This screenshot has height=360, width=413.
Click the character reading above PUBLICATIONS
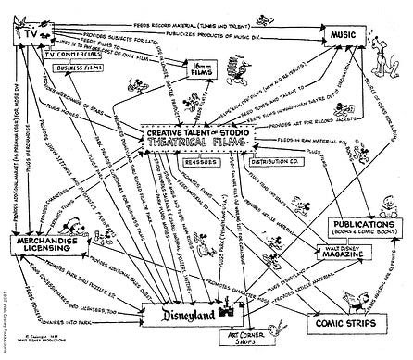click(364, 204)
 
